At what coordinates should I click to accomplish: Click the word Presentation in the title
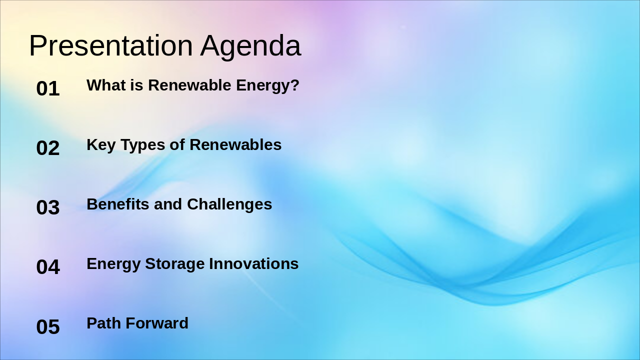110,45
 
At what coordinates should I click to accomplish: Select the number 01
48,89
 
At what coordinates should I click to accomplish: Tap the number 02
48,148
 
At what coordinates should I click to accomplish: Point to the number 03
48,208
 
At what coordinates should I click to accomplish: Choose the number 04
48,267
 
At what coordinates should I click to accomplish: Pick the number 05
48,327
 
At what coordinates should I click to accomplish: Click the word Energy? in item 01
267,86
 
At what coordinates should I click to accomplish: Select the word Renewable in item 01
190,85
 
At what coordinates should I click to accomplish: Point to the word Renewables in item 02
235,144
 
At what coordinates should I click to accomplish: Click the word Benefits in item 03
118,204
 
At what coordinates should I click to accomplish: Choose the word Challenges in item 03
229,204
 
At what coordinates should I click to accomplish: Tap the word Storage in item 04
174,264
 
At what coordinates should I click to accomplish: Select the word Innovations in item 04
253,263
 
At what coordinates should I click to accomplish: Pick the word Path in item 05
104,323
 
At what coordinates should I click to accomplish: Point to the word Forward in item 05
157,323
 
